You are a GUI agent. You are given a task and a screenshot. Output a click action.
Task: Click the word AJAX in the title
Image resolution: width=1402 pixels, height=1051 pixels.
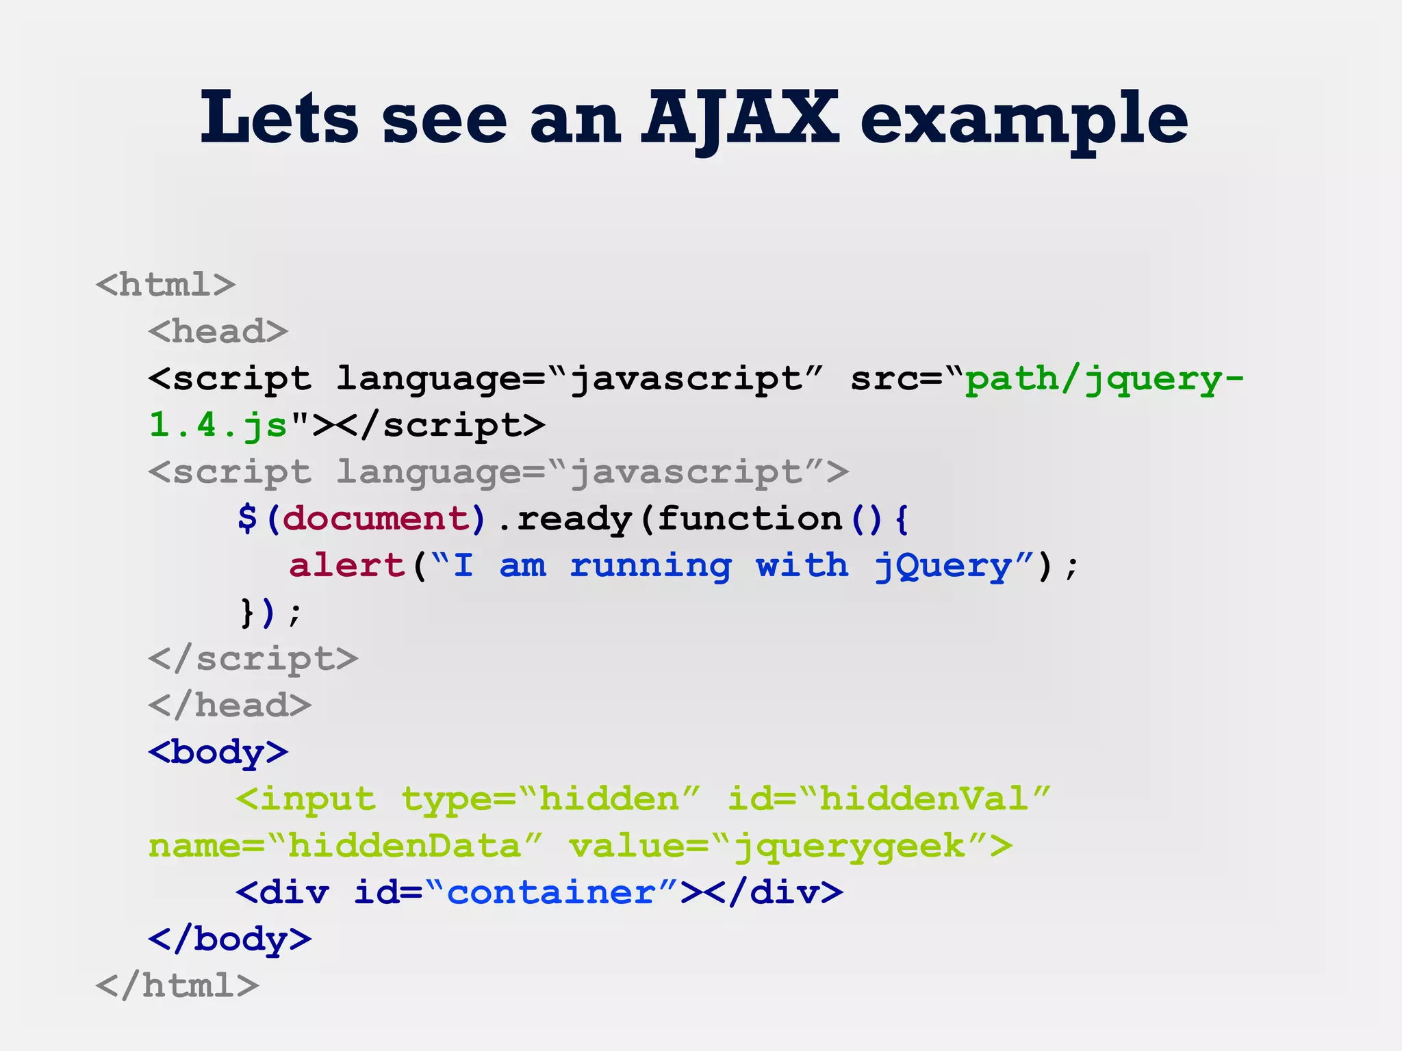[739, 120]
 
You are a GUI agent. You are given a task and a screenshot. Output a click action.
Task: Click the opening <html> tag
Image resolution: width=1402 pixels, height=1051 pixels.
[166, 285]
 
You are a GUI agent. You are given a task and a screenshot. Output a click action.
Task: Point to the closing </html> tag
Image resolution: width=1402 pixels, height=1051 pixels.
[177, 985]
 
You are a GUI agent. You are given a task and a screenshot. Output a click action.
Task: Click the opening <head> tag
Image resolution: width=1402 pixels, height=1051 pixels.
[218, 331]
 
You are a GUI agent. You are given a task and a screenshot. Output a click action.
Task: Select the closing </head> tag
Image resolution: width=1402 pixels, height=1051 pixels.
[230, 705]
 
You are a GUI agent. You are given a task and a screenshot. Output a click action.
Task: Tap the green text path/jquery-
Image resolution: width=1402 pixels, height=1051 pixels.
[1104, 378]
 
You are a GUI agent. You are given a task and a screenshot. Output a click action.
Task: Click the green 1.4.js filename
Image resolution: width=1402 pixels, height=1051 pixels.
[218, 425]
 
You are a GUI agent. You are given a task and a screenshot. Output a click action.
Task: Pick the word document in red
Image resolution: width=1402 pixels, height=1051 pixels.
[375, 518]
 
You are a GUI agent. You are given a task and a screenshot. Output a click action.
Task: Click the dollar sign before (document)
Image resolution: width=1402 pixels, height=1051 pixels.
[247, 518]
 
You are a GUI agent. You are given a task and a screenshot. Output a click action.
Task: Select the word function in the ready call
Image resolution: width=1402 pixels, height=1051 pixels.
[750, 518]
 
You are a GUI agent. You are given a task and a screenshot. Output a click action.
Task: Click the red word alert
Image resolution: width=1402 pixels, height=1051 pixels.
[347, 565]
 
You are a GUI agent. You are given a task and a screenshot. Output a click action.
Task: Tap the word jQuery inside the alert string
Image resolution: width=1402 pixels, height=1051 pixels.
[943, 567]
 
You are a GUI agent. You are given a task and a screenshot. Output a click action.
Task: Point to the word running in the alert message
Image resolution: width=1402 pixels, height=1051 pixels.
[650, 567]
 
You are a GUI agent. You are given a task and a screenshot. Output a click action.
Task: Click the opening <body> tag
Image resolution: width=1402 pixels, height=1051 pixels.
[218, 752]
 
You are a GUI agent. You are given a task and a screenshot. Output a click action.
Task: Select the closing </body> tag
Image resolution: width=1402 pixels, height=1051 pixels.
[230, 939]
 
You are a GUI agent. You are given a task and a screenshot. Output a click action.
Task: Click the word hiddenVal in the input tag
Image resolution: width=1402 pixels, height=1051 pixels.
[923, 799]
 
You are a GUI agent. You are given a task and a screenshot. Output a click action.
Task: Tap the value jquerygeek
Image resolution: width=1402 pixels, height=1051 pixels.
[850, 846]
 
